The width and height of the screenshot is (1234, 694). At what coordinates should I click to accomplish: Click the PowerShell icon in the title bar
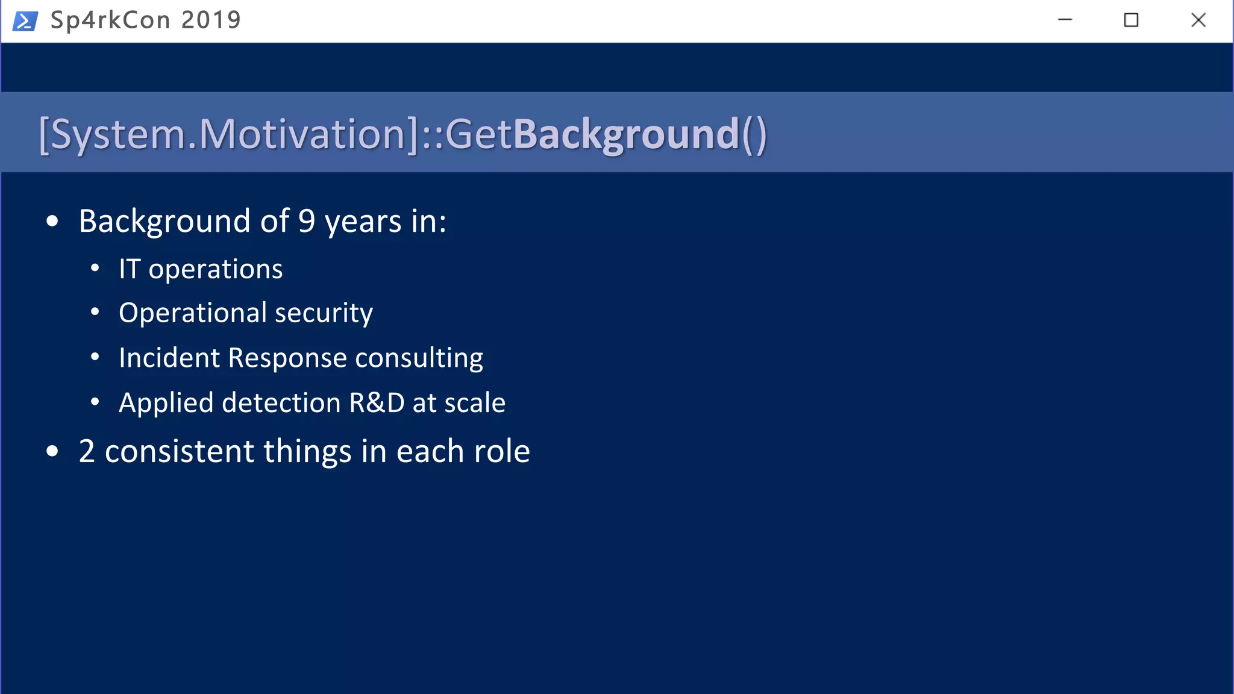tap(25, 20)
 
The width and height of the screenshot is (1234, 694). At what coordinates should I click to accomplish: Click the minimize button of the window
tap(1065, 20)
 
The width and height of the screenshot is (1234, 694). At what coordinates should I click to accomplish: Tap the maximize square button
tap(1131, 20)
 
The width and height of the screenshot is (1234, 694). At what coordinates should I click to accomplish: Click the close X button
tap(1198, 20)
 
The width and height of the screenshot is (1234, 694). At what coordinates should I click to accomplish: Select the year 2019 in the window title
tap(211, 20)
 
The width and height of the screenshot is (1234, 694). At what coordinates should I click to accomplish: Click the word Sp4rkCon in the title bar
tap(110, 20)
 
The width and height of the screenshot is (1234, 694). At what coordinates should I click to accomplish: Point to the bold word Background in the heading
tap(625, 134)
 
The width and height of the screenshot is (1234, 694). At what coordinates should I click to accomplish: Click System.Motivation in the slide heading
tap(229, 134)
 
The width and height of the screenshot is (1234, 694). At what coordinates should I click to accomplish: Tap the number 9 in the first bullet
tap(307, 221)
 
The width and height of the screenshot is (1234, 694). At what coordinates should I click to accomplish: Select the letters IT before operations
tap(130, 269)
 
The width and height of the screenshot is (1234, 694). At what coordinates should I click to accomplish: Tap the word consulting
tap(419, 358)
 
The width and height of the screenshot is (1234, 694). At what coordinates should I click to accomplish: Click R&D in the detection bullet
tap(377, 402)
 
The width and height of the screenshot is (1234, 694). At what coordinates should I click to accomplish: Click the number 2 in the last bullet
tap(87, 451)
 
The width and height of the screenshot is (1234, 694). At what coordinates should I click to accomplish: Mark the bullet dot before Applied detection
tap(95, 402)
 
